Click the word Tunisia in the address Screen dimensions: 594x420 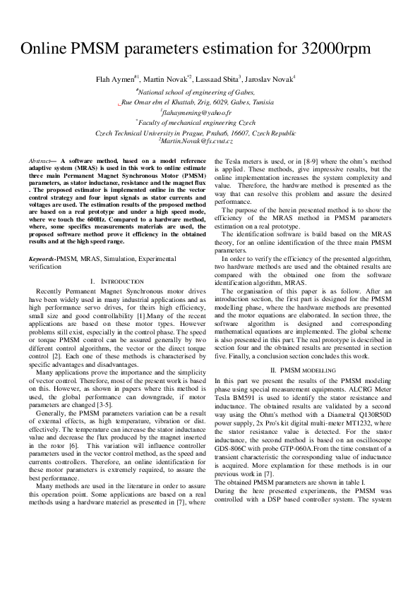(263, 102)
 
